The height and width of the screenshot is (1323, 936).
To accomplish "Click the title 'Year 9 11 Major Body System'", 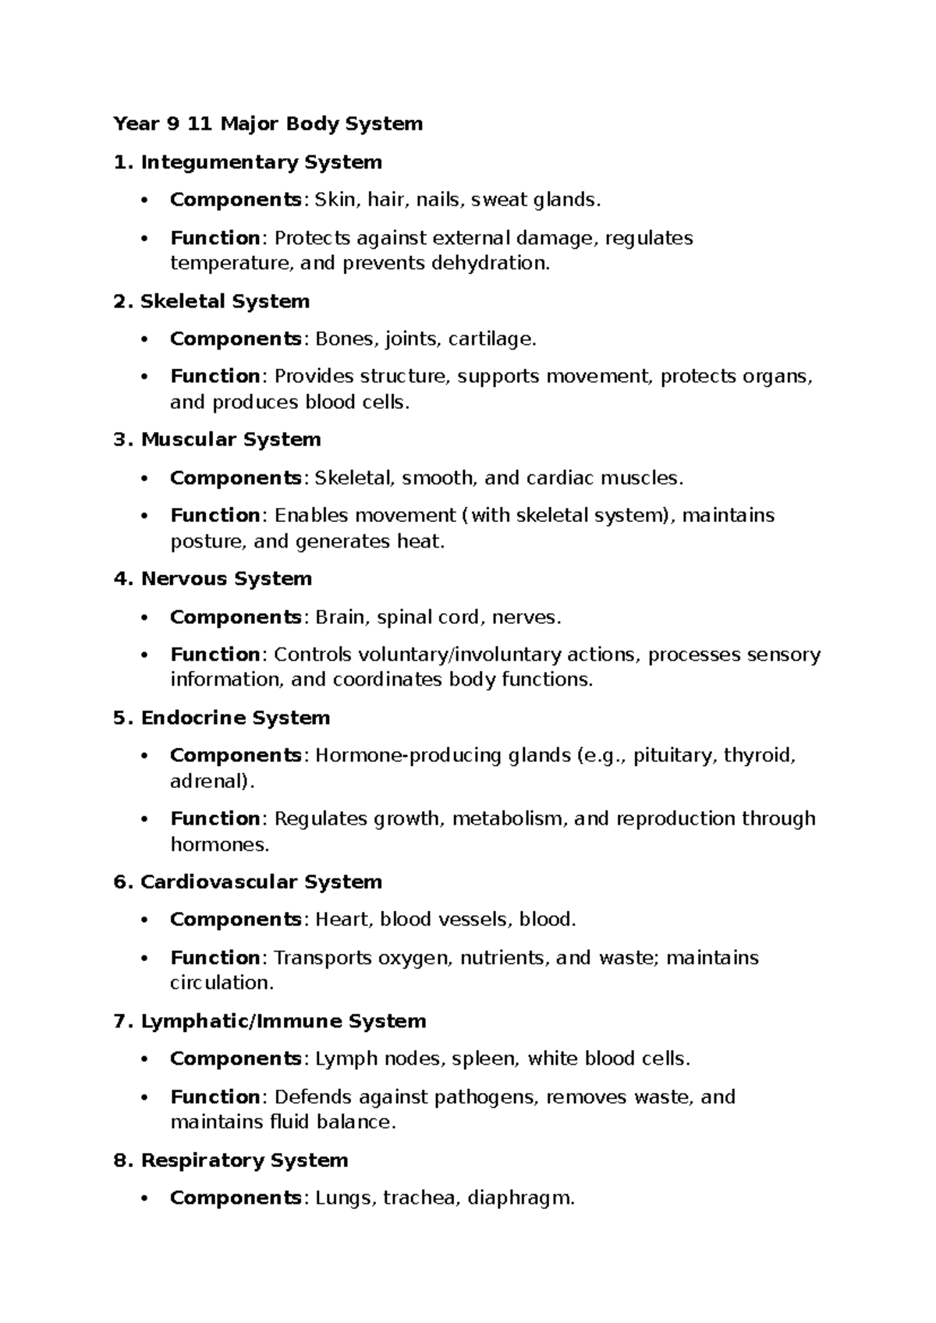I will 268,124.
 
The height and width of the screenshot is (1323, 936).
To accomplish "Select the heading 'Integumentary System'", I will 261,162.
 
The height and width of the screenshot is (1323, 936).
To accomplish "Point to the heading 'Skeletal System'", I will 225,301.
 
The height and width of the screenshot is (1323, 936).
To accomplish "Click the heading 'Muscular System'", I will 230,440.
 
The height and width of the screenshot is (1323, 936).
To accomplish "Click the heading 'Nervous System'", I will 226,579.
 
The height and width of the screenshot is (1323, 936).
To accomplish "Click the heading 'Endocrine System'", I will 235,718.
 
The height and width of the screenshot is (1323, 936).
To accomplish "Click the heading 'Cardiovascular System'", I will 261,882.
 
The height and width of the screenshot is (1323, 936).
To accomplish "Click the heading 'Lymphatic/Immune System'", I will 283,1021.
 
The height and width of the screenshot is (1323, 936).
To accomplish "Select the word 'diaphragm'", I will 519,1198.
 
